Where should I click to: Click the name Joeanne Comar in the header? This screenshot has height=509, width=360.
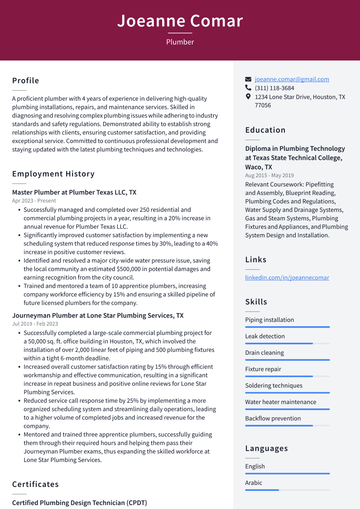(x=180, y=21)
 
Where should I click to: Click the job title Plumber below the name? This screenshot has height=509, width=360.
(x=180, y=42)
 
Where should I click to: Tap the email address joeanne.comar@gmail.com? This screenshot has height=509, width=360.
(x=292, y=79)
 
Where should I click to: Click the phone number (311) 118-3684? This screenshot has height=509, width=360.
(x=274, y=88)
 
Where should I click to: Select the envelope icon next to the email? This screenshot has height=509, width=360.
(x=248, y=80)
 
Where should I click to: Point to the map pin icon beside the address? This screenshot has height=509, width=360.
(x=248, y=97)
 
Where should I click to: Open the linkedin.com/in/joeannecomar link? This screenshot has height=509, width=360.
(x=287, y=277)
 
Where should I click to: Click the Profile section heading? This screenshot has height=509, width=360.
(x=25, y=81)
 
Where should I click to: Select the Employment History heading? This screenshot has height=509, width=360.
(x=53, y=174)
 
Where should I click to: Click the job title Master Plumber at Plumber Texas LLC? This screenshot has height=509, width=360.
(x=74, y=192)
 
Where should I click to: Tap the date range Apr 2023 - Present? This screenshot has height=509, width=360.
(x=34, y=201)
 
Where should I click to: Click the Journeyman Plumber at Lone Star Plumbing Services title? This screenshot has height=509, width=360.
(x=98, y=315)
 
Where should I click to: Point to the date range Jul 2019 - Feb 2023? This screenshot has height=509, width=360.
(x=35, y=324)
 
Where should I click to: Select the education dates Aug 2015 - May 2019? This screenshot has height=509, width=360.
(x=269, y=175)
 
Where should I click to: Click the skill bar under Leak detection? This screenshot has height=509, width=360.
(x=287, y=344)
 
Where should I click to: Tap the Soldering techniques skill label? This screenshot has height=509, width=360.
(x=274, y=385)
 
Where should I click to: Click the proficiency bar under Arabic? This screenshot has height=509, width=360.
(x=287, y=490)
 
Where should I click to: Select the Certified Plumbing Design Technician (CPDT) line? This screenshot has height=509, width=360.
(x=80, y=503)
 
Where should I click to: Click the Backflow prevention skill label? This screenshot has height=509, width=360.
(x=273, y=418)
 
